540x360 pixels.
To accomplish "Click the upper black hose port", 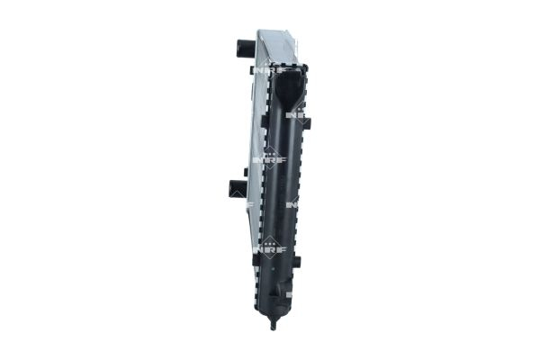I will pyautogui.click(x=245, y=47).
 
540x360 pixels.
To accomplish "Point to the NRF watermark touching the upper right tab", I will pyautogui.click(x=298, y=115).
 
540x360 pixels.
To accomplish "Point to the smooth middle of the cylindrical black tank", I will pyautogui.click(x=283, y=189).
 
